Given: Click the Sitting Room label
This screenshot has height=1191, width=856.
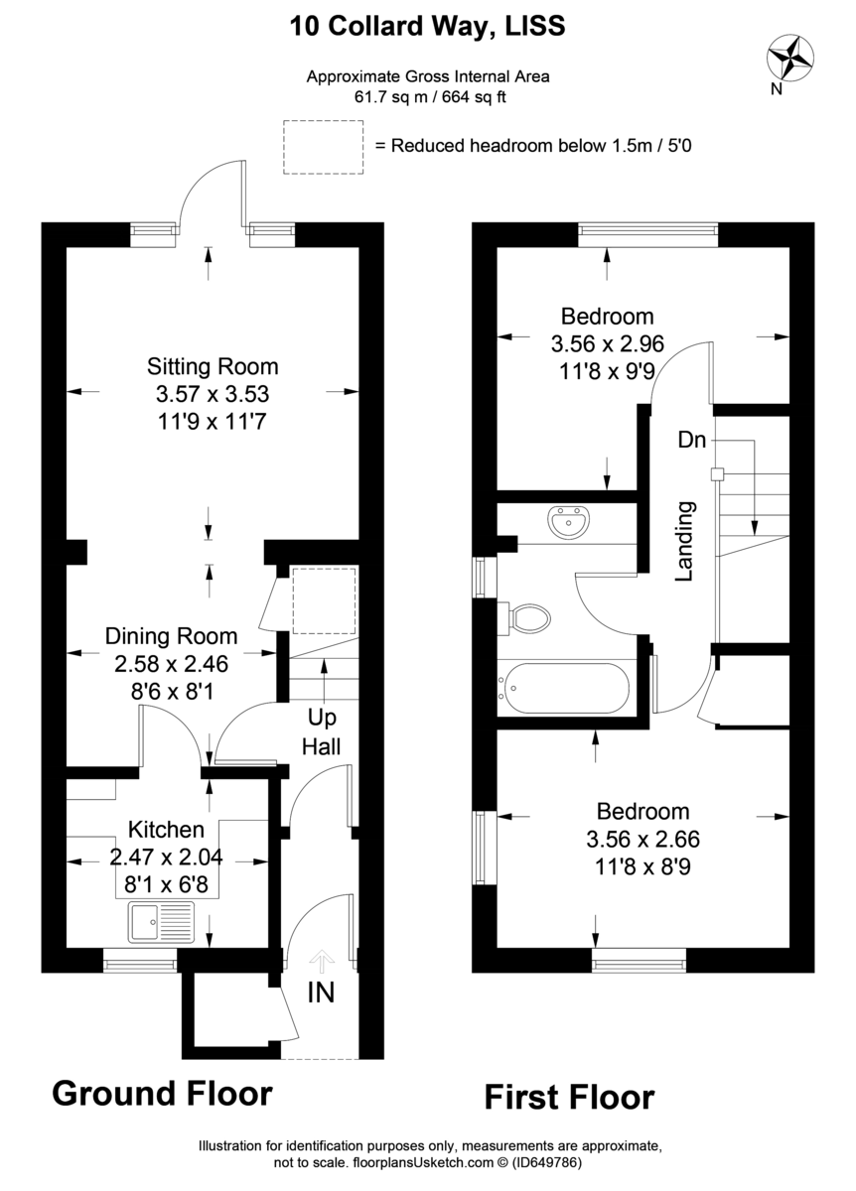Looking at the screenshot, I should [213, 366].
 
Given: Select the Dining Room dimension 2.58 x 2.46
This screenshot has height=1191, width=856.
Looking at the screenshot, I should [172, 660].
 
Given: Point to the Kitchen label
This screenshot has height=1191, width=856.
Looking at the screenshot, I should [167, 830].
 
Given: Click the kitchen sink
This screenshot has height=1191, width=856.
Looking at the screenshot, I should [161, 924].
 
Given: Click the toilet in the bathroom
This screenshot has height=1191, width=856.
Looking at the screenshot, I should [528, 618].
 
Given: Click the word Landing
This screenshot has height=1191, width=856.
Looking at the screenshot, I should [685, 541].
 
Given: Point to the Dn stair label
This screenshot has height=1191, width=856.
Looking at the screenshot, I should [692, 440].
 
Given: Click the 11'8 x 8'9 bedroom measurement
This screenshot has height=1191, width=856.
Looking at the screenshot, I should [642, 864].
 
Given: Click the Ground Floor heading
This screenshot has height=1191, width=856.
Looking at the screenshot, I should [162, 1094].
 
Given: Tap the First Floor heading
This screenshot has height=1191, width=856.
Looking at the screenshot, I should [569, 1098].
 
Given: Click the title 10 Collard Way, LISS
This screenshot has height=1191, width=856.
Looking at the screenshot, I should [427, 27].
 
